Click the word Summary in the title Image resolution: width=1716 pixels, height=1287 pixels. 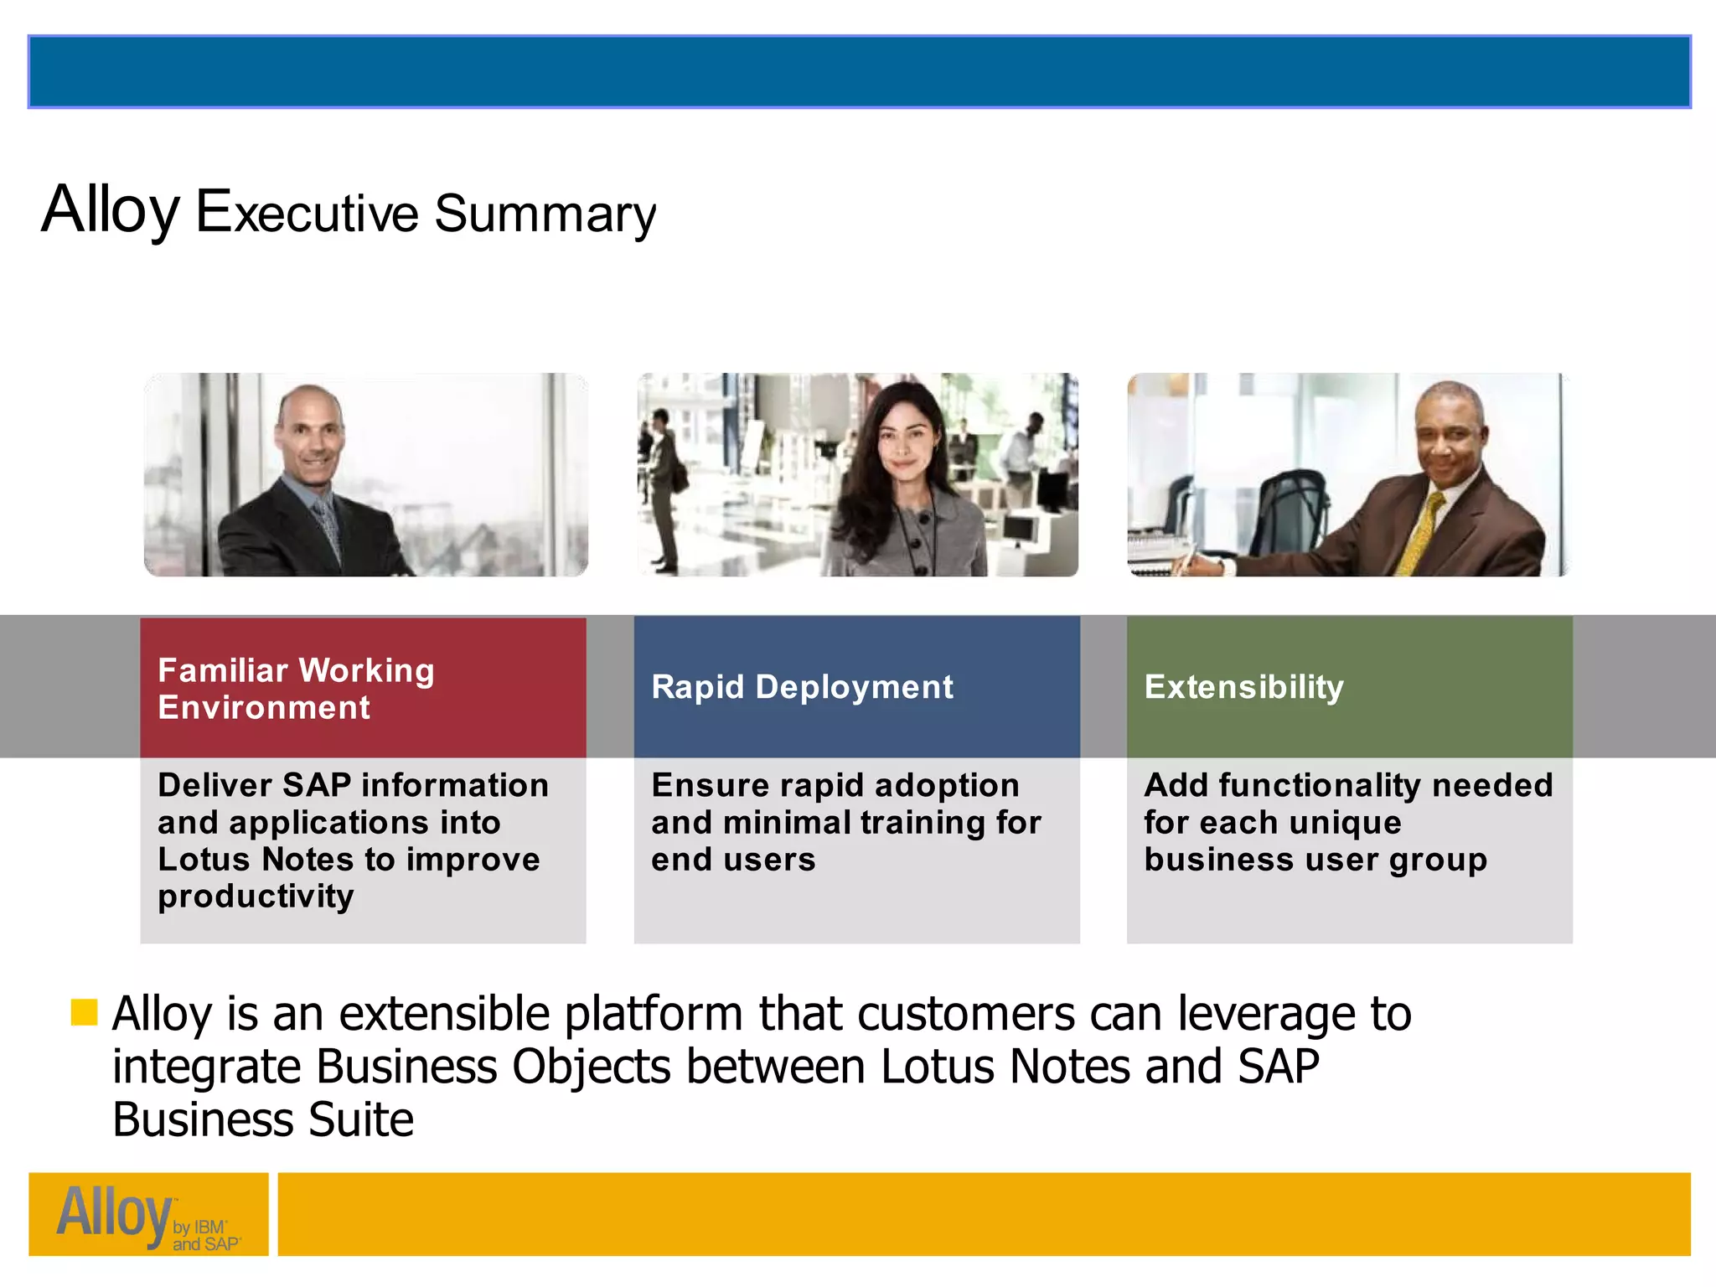click(x=545, y=214)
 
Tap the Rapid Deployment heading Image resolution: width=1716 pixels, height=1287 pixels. click(x=802, y=687)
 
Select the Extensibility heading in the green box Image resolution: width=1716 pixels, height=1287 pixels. click(x=1243, y=687)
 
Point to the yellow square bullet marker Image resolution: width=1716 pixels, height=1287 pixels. click(x=84, y=1011)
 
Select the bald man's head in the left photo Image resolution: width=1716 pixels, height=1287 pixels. click(x=311, y=432)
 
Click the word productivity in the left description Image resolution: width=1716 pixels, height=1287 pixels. click(x=256, y=897)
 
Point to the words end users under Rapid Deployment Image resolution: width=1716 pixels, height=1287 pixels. click(x=733, y=860)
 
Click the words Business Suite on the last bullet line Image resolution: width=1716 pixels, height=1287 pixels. click(x=263, y=1120)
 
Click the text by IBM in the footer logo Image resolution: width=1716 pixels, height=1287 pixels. click(x=199, y=1228)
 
